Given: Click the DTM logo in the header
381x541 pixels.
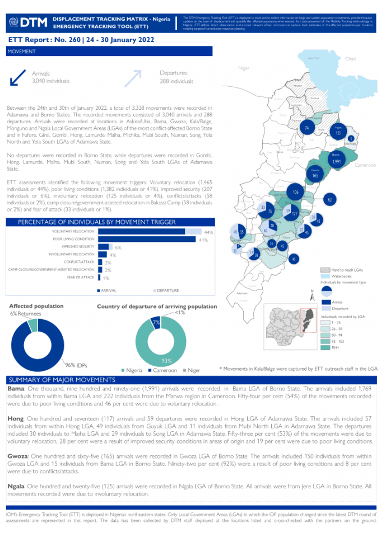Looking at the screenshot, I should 27,22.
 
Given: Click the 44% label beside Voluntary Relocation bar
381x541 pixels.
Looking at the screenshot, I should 209,232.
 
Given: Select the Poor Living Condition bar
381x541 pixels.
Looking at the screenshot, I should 146,239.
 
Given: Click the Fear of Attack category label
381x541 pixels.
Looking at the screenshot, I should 81,277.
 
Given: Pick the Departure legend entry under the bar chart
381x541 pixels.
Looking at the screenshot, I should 168,290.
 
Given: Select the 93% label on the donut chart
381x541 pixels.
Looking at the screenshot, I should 166,361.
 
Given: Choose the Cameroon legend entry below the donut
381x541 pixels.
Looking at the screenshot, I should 163,371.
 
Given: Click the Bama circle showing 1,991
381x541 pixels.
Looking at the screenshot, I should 336,161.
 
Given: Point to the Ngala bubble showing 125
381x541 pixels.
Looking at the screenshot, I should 338,133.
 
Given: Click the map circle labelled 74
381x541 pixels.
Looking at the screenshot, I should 306,128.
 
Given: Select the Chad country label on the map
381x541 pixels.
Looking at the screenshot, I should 350,59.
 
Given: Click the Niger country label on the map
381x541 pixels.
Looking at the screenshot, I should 243,68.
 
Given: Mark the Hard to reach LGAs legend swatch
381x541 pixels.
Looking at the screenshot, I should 324,270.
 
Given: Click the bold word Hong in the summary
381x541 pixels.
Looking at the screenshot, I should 15,418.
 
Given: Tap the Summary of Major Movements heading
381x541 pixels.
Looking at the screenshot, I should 53,380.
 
